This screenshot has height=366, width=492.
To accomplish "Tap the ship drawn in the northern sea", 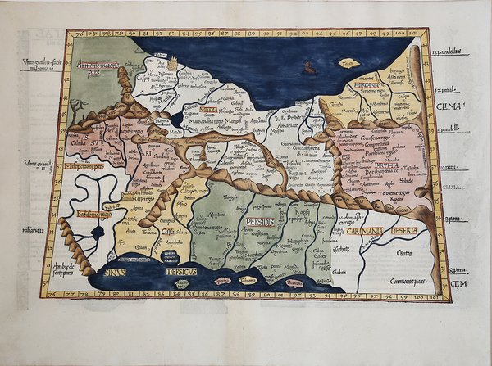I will point(306,68).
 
